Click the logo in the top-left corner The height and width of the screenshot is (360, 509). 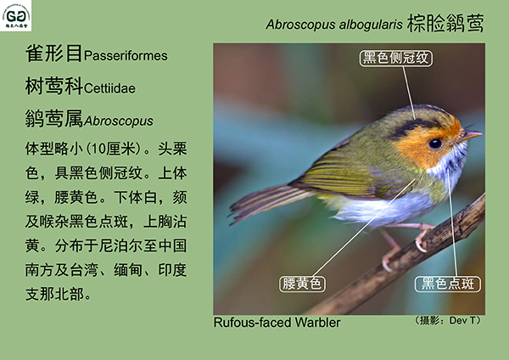click(15, 15)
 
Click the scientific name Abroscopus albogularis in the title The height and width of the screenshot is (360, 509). click(334, 25)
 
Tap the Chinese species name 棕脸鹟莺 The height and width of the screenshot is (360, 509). click(445, 23)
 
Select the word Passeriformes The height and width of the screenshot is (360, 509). click(126, 55)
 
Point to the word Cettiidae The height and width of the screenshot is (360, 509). click(109, 88)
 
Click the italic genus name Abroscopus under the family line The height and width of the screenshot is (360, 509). click(119, 121)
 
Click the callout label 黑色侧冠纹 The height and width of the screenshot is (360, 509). click(395, 58)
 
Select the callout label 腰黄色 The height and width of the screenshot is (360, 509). click(302, 284)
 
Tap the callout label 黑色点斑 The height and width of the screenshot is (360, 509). click(448, 284)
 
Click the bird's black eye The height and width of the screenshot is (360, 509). click(434, 143)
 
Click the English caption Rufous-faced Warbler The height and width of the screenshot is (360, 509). click(277, 323)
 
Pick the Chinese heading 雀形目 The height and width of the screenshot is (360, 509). click(54, 53)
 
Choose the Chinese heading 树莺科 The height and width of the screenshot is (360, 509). click(54, 86)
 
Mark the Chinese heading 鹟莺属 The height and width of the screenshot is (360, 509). click(54, 118)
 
